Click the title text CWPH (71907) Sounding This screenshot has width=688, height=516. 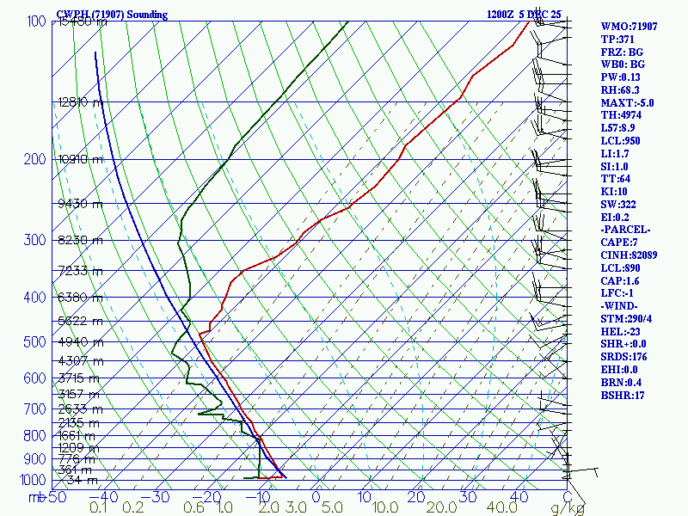click(x=112, y=15)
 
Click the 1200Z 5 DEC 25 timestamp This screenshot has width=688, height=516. click(x=524, y=15)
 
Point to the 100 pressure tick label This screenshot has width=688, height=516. click(x=36, y=21)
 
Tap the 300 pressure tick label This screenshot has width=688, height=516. click(x=36, y=240)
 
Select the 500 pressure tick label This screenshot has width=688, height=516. click(x=36, y=342)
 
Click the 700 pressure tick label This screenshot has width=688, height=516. click(x=36, y=408)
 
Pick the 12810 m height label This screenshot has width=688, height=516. click(x=80, y=102)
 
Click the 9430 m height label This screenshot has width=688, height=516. click(x=80, y=204)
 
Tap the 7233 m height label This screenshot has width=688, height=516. click(x=80, y=271)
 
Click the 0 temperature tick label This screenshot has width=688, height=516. click(x=316, y=496)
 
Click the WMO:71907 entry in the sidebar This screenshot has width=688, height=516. click(x=629, y=27)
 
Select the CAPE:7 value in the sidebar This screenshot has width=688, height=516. click(x=619, y=243)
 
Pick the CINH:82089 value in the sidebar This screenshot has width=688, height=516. click(x=629, y=255)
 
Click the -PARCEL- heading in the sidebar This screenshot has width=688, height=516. click(x=625, y=230)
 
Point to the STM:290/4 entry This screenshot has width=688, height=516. click(x=628, y=319)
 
